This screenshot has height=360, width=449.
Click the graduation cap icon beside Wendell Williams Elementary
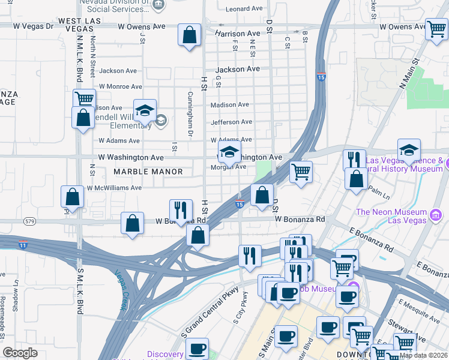click(x=145, y=110)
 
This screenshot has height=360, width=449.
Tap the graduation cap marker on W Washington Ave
click(x=229, y=153)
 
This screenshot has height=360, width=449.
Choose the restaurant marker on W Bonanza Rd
click(x=181, y=211)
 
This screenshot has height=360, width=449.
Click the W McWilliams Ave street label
click(x=114, y=188)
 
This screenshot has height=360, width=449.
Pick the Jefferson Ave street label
click(x=231, y=122)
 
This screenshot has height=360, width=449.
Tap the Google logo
click(x=20, y=353)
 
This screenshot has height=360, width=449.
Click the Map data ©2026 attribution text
click(x=423, y=355)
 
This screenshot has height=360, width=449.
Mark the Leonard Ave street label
click(x=245, y=9)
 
